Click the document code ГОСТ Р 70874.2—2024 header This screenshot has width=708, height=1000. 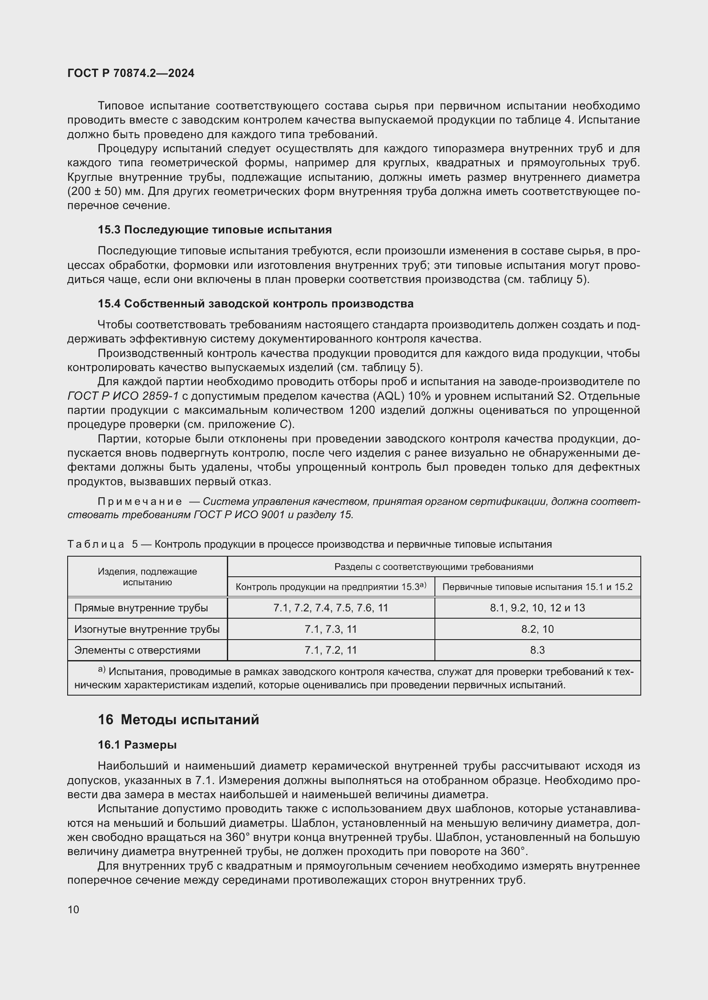click(x=131, y=73)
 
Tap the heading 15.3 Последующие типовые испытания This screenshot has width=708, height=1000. click(x=214, y=230)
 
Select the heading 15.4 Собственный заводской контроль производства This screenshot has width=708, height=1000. click(x=256, y=304)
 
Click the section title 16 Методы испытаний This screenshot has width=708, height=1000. click(x=178, y=720)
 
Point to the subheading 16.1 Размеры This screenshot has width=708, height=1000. click(x=137, y=745)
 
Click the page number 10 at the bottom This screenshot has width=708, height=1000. click(x=73, y=909)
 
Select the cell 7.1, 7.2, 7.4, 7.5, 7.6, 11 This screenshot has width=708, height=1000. click(x=330, y=608)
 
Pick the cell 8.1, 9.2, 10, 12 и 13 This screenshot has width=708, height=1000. click(x=537, y=608)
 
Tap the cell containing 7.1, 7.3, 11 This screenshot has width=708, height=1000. click(x=330, y=629)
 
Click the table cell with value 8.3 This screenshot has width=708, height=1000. click(x=537, y=650)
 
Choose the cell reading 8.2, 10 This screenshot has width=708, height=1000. click(x=537, y=629)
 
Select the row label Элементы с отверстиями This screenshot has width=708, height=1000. click(x=137, y=650)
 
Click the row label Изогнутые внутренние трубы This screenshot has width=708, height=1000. click(x=147, y=629)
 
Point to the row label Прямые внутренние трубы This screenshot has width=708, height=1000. click(x=141, y=608)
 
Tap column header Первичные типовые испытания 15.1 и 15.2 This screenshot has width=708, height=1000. click(x=537, y=587)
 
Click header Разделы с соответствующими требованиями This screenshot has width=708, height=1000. click(x=433, y=566)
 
